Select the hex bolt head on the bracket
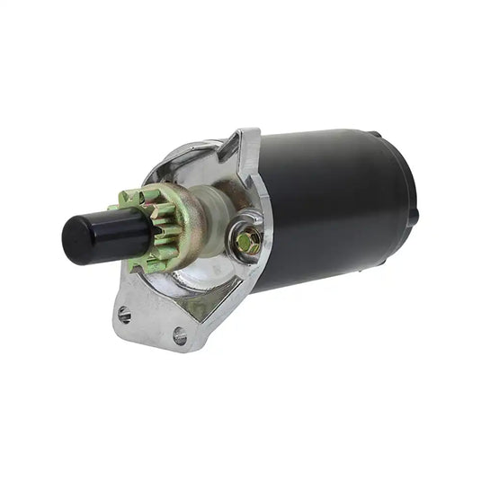click(249, 241)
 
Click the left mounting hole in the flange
click(124, 315)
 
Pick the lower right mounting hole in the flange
click(180, 335)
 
